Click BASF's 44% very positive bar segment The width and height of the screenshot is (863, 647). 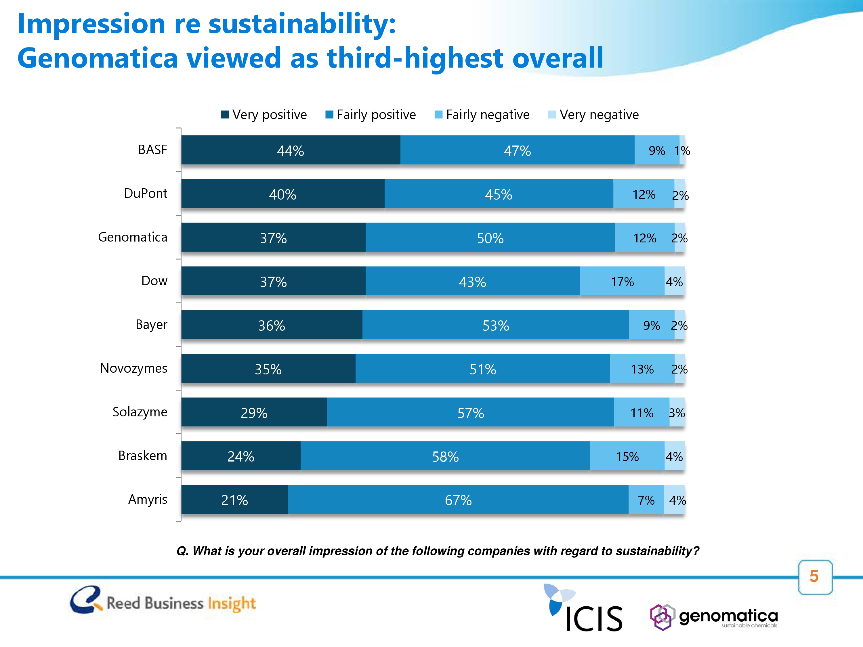[291, 150]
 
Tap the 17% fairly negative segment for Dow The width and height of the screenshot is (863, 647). [622, 281]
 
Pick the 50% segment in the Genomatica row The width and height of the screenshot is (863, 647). [490, 238]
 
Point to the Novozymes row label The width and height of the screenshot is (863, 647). [133, 368]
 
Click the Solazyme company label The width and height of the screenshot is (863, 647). [140, 412]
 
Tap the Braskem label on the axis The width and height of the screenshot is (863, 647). [142, 455]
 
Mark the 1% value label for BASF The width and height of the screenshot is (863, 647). [682, 151]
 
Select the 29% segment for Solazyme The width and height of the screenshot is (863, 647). [254, 412]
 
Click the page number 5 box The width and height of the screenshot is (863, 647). [815, 577]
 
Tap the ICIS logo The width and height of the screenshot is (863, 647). [583, 608]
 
